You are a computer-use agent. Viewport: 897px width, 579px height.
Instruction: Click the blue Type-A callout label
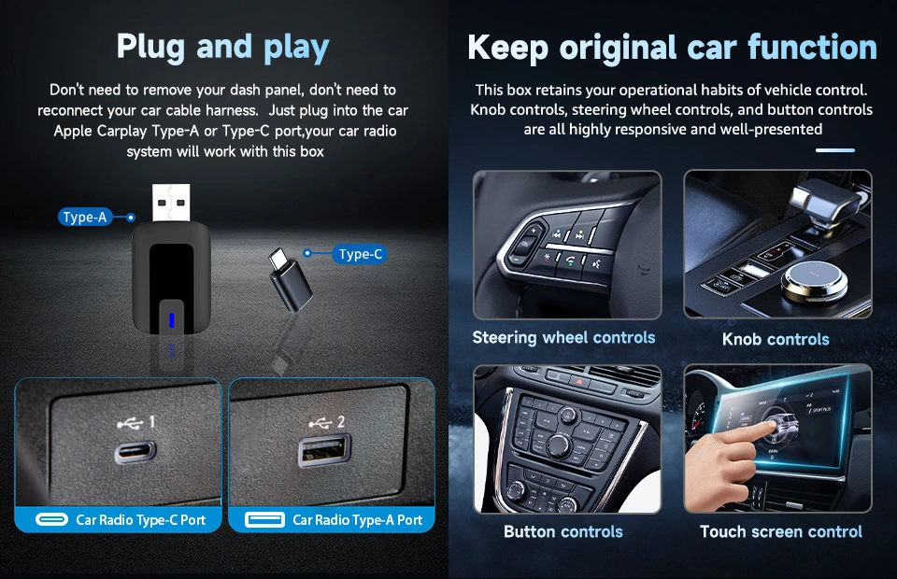[85, 218]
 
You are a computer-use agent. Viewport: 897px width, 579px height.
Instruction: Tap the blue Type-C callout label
[360, 254]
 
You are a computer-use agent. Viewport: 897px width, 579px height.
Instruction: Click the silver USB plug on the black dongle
[171, 203]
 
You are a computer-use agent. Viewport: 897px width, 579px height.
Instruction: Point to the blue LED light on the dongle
[171, 320]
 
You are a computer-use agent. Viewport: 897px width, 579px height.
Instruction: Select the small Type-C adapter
[291, 279]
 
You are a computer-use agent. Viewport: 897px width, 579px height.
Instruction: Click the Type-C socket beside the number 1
[135, 452]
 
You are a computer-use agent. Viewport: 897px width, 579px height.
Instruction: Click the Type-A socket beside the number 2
[324, 450]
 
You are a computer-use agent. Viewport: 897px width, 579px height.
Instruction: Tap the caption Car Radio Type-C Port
[141, 519]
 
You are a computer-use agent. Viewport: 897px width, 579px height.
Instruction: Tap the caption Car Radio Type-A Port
[358, 519]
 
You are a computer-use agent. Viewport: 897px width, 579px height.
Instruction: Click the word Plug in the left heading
[150, 47]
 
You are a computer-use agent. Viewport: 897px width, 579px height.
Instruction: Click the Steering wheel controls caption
[563, 338]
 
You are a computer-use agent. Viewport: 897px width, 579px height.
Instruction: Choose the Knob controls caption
[776, 339]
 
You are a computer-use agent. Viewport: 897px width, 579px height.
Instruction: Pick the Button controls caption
[563, 531]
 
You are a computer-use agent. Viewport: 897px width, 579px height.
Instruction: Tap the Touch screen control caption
[781, 531]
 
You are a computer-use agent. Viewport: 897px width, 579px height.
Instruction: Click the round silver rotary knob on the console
[815, 281]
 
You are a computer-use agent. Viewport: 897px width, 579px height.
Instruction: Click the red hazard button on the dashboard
[579, 381]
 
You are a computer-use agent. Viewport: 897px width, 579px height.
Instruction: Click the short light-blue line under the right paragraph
[835, 150]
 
